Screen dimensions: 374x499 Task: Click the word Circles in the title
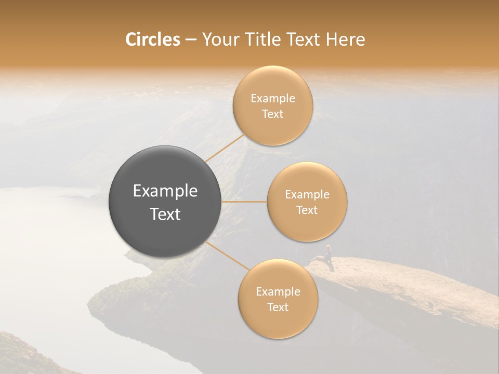click(x=152, y=39)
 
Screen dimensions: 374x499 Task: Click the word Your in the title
click(x=219, y=39)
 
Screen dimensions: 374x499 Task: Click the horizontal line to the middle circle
click(x=244, y=202)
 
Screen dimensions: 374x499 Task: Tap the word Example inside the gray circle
click(x=165, y=191)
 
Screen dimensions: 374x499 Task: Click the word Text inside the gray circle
click(x=165, y=214)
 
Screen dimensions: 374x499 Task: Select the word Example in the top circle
click(x=272, y=99)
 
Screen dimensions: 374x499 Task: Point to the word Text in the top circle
click(x=272, y=114)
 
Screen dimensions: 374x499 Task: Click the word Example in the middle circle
click(x=307, y=195)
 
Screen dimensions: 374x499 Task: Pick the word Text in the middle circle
click(x=307, y=210)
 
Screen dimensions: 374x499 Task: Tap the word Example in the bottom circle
click(x=278, y=292)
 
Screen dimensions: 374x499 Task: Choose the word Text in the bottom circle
click(x=278, y=308)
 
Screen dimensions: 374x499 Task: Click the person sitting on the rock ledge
click(x=327, y=255)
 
